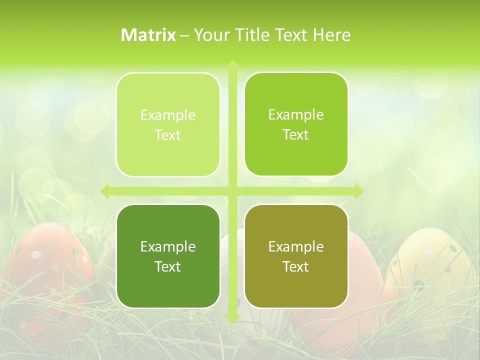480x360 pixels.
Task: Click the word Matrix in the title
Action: click(148, 35)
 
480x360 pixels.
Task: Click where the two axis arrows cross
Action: click(232, 191)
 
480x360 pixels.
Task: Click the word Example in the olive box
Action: click(296, 246)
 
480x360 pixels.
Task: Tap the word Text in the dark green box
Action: click(168, 266)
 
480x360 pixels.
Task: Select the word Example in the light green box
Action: click(168, 115)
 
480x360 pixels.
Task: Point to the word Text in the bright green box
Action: click(296, 135)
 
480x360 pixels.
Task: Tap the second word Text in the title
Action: click(292, 35)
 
